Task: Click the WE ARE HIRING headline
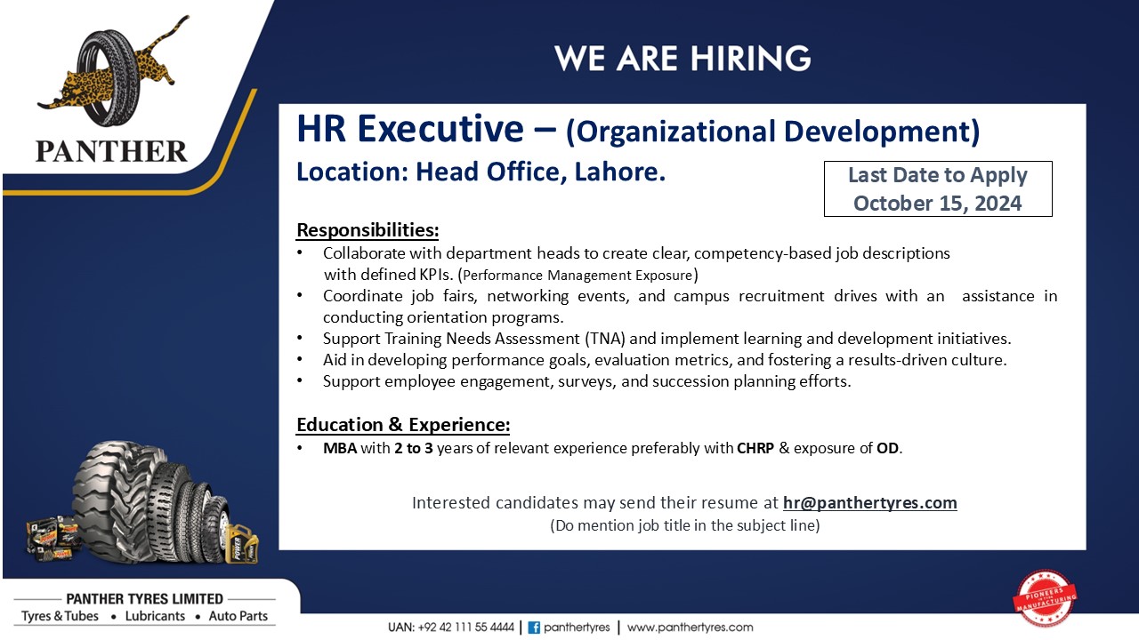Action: [x=683, y=58]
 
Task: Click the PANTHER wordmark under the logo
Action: [x=111, y=151]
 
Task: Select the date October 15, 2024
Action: [x=937, y=204]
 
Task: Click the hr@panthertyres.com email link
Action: [x=870, y=502]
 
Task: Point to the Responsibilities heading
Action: [x=368, y=229]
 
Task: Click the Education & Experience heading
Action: [x=403, y=424]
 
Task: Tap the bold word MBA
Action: [x=340, y=448]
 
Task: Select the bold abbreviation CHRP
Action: [x=755, y=448]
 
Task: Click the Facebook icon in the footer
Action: [x=534, y=628]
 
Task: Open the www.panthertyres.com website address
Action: [x=690, y=628]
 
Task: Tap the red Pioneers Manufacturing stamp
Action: [x=1045, y=598]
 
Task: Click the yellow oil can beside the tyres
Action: [x=242, y=544]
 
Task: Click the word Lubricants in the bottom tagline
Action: [x=155, y=616]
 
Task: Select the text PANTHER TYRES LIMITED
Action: [x=145, y=599]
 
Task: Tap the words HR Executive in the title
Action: [x=410, y=129]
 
